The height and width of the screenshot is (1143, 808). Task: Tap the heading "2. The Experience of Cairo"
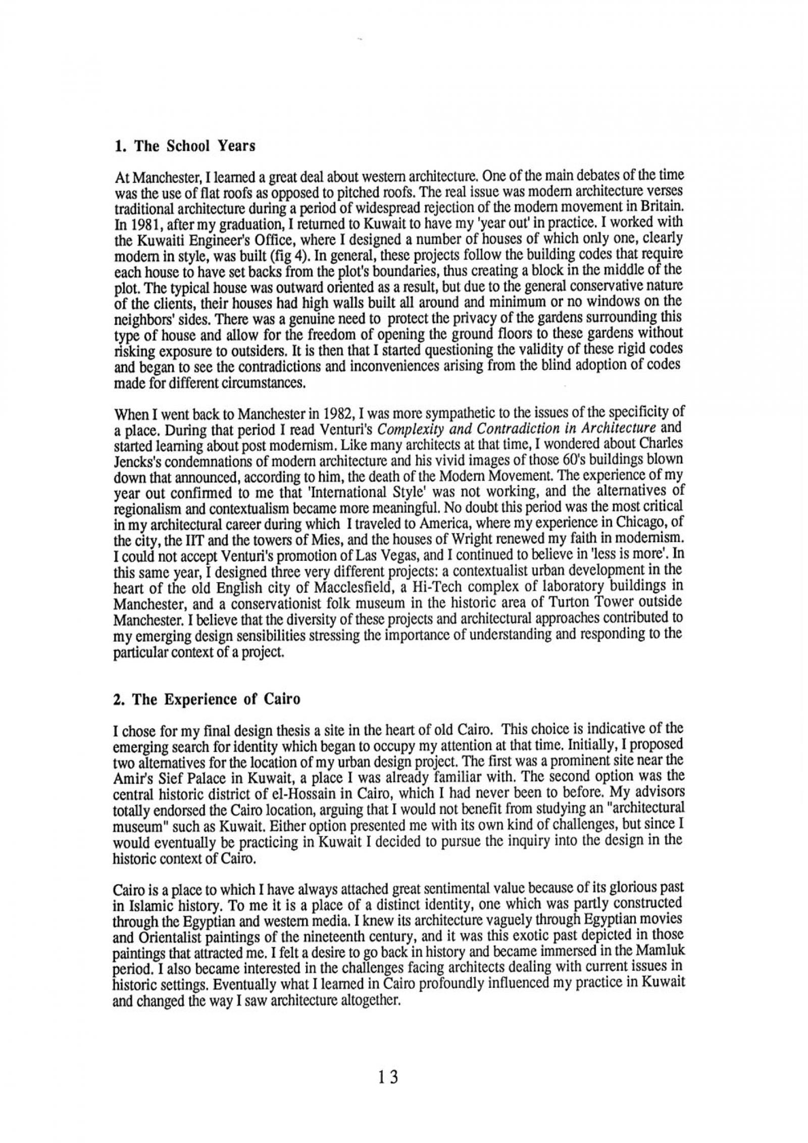tap(207, 699)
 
